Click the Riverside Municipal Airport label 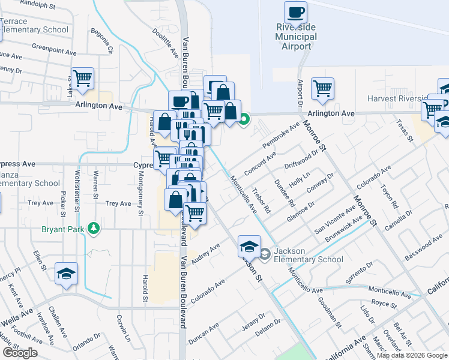click(296, 37)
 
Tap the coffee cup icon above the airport click(295, 12)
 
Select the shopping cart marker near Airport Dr click(322, 88)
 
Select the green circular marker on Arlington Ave click(244, 119)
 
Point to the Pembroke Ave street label click(281, 137)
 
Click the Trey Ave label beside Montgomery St click(118, 203)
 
